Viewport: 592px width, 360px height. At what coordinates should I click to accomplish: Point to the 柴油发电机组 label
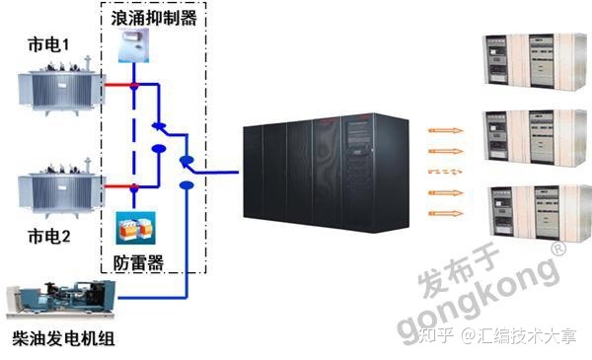(x=61, y=338)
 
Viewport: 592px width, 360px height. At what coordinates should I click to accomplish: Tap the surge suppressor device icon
(x=131, y=46)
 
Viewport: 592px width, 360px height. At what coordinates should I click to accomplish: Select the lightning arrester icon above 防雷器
(x=132, y=229)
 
